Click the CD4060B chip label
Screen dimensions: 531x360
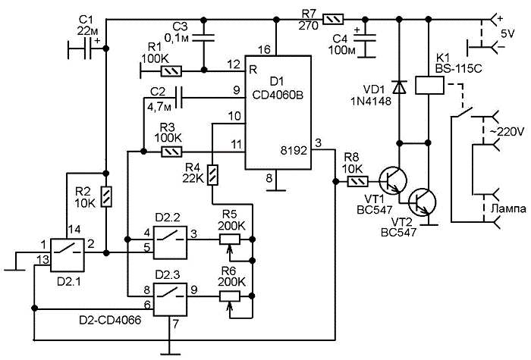tap(278, 95)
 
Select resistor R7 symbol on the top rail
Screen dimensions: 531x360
tap(334, 19)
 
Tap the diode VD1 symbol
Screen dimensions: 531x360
tap(398, 87)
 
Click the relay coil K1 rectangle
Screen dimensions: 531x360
tap(429, 85)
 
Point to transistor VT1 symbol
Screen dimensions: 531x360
tap(392, 181)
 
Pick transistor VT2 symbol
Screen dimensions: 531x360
tap(422, 202)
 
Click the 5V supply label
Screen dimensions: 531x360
tap(508, 34)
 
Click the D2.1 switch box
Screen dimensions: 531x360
tap(67, 255)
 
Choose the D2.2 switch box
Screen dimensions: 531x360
tap(170, 243)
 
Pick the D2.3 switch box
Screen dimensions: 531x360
tap(170, 299)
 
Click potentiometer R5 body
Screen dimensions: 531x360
tap(230, 239)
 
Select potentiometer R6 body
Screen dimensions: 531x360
tap(230, 296)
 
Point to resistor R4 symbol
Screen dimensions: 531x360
tap(212, 175)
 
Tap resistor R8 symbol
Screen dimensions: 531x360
tap(358, 182)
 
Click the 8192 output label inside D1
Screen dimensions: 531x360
tap(294, 151)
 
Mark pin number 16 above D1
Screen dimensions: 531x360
tap(264, 50)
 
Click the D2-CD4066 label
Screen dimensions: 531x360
tap(111, 320)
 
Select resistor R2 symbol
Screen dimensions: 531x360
tap(106, 196)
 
